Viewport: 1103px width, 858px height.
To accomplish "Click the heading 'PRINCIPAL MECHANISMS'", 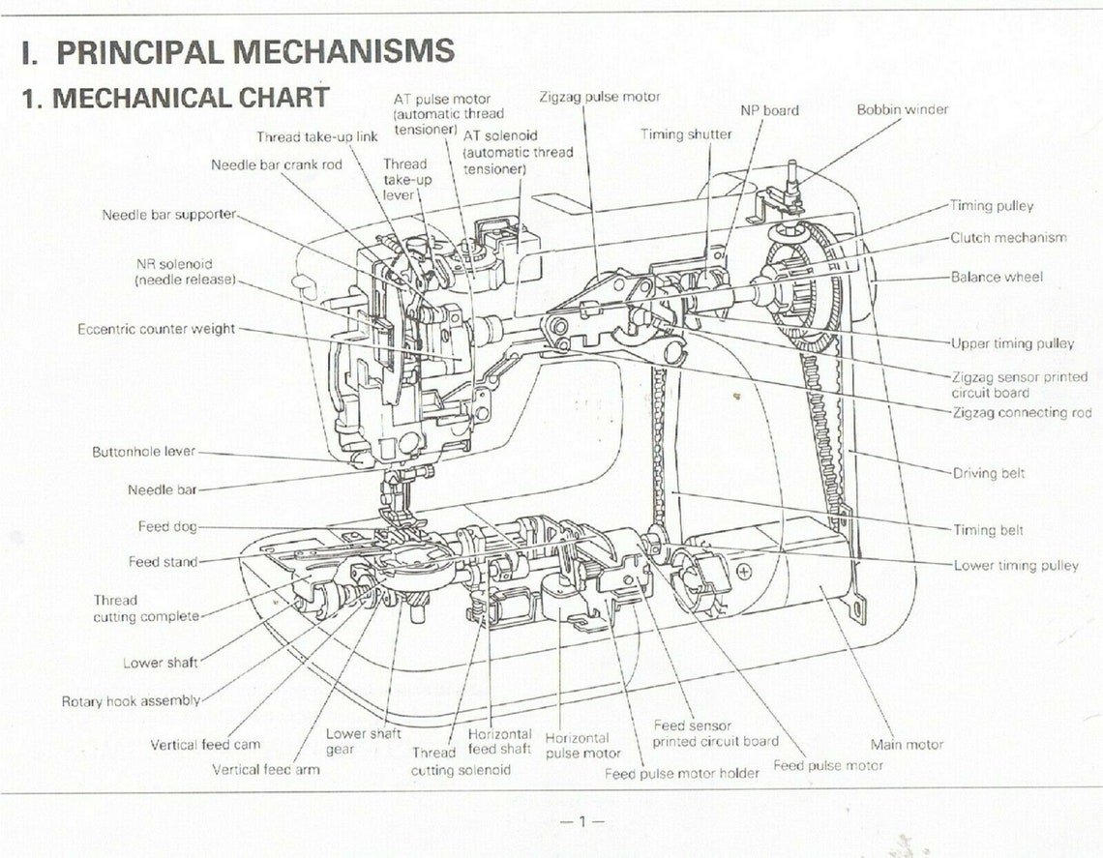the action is pyautogui.click(x=255, y=50).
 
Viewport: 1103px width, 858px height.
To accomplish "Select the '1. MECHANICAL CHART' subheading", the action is pyautogui.click(x=175, y=98).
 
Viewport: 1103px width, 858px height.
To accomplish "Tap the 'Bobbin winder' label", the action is pyautogui.click(x=903, y=109).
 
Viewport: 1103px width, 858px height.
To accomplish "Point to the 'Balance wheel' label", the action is pyautogui.click(x=997, y=277).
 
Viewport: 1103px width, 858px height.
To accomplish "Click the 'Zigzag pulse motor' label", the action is pyautogui.click(x=600, y=97).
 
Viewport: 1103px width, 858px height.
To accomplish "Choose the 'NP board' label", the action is pyautogui.click(x=769, y=110).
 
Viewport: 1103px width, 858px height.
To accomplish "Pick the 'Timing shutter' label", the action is pyautogui.click(x=686, y=134).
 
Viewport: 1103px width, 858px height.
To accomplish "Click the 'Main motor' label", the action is pyautogui.click(x=907, y=744).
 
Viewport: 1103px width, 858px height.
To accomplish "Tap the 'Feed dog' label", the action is pyautogui.click(x=167, y=526).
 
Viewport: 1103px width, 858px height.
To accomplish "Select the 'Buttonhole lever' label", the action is pyautogui.click(x=143, y=452).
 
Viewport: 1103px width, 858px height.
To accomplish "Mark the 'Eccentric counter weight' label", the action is pyautogui.click(x=156, y=329).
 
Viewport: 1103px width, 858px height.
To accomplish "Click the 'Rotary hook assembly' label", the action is pyautogui.click(x=131, y=701).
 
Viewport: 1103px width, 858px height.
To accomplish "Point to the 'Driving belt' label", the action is pyautogui.click(x=988, y=473).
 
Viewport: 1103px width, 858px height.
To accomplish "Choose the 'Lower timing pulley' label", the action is pyautogui.click(x=1016, y=566).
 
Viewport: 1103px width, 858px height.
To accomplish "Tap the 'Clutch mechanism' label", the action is pyautogui.click(x=1008, y=238).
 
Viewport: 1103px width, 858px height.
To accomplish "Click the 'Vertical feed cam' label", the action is pyautogui.click(x=205, y=744).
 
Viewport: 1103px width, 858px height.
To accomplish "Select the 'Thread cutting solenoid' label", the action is pyautogui.click(x=461, y=761).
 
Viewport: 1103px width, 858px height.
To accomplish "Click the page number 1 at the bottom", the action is pyautogui.click(x=581, y=820).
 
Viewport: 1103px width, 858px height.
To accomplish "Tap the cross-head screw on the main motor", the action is pyautogui.click(x=743, y=571).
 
